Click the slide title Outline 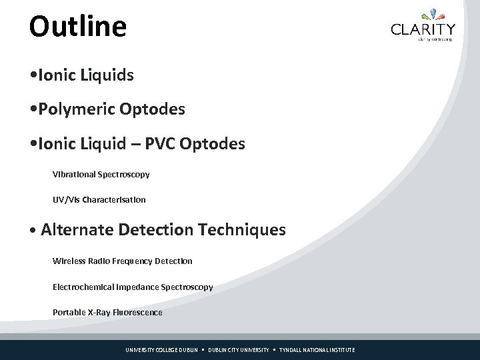77,27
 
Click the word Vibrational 74,174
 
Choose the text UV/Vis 65,199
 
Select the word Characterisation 114,199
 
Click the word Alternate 77,230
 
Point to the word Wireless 69,261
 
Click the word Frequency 129,261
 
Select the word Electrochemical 84,287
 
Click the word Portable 69,312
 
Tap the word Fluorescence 138,312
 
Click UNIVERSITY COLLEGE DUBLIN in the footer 162,350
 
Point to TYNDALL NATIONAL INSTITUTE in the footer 317,350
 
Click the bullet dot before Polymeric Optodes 33,109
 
